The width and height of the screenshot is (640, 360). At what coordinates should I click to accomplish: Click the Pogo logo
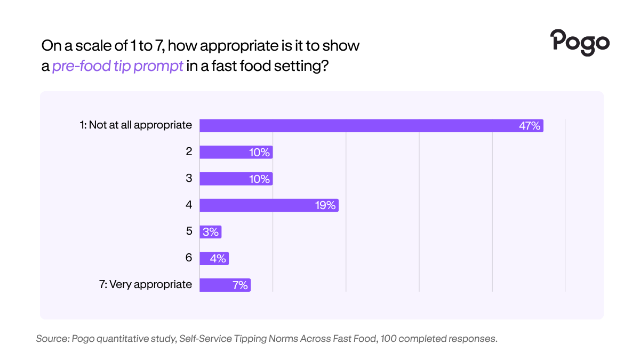pyautogui.click(x=580, y=43)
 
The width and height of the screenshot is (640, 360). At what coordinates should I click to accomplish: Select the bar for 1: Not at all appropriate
pyautogui.click(x=371, y=126)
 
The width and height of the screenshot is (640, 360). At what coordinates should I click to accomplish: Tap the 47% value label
pyautogui.click(x=530, y=126)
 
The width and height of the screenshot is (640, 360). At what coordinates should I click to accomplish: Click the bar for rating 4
pyautogui.click(x=269, y=205)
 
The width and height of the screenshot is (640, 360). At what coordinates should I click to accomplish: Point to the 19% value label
pyautogui.click(x=325, y=205)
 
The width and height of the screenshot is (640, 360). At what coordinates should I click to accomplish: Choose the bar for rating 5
pyautogui.click(x=210, y=231)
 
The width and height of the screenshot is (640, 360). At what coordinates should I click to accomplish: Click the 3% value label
pyautogui.click(x=211, y=231)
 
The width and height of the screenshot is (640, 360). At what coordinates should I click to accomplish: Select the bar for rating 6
pyautogui.click(x=214, y=258)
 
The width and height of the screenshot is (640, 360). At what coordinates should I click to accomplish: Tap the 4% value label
pyautogui.click(x=218, y=259)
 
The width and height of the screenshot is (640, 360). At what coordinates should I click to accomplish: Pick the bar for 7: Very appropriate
pyautogui.click(x=225, y=285)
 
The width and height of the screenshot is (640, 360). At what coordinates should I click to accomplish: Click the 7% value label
pyautogui.click(x=240, y=285)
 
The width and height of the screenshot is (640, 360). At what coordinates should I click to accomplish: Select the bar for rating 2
pyautogui.click(x=236, y=153)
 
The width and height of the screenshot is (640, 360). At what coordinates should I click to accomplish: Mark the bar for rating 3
pyautogui.click(x=236, y=179)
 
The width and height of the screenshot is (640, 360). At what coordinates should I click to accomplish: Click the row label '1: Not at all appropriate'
pyautogui.click(x=135, y=125)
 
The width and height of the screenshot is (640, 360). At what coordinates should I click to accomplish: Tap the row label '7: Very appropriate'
pyautogui.click(x=146, y=285)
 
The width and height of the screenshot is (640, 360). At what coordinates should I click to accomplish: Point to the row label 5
pyautogui.click(x=189, y=231)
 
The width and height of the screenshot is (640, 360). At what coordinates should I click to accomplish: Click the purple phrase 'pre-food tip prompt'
pyautogui.click(x=117, y=66)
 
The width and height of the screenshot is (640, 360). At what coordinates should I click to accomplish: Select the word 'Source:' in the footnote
pyautogui.click(x=53, y=339)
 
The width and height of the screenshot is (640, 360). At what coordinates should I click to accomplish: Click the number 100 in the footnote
pyautogui.click(x=388, y=339)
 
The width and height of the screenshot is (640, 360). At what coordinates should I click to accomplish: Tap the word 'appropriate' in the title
pyautogui.click(x=239, y=46)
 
